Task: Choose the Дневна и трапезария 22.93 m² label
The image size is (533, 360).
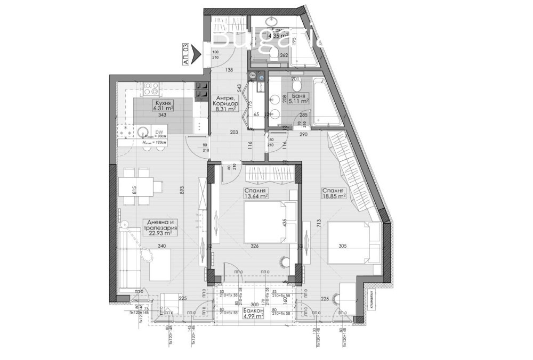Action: click(x=160, y=227)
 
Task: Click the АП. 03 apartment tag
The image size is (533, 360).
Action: click(x=185, y=54)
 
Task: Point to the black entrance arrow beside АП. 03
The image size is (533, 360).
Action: click(x=197, y=53)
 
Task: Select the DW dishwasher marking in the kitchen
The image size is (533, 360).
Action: click(x=159, y=132)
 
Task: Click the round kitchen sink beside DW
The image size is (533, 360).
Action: click(x=142, y=132)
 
